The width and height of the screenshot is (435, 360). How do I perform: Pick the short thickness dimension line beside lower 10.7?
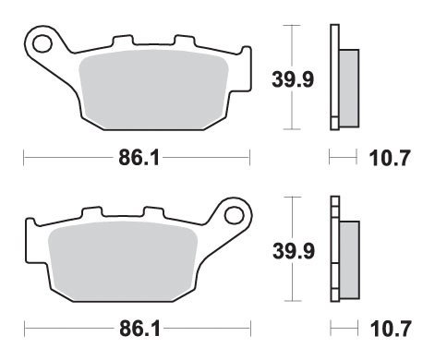point(343,330)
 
